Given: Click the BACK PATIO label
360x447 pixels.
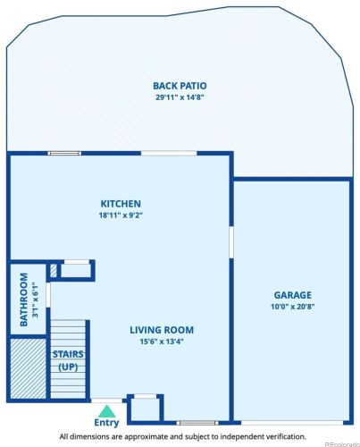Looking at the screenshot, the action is pos(180,86).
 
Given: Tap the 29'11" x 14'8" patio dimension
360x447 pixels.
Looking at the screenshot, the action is pos(180,97).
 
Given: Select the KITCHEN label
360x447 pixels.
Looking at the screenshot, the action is pos(121,204).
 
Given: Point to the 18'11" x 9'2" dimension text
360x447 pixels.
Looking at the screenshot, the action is pos(121,215).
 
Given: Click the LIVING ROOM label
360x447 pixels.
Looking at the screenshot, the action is pos(162,330).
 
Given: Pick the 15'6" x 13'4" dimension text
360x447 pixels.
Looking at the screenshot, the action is pos(162,342).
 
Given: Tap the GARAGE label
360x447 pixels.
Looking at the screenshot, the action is pos(293,295).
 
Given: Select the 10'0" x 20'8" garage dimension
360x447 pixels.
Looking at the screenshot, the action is pos(293,307).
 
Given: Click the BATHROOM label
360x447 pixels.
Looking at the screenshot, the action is pos(24,299).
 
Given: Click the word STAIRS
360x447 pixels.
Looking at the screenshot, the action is pos(68,354).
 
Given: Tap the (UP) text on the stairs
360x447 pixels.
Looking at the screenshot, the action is pos(68,367).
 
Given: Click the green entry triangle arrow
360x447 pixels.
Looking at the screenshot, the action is pos(107,411).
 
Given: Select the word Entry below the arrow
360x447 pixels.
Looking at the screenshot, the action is pos(106,423).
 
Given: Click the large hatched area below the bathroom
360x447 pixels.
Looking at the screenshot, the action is pos(29,368).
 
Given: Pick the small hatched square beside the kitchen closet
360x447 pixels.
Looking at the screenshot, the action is pos(54,271).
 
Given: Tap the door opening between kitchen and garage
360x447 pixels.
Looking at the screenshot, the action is pos(231,242).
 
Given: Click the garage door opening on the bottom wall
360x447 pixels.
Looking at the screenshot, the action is pos(292,423).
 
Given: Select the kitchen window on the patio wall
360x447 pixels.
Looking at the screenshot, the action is pos(64,154).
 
